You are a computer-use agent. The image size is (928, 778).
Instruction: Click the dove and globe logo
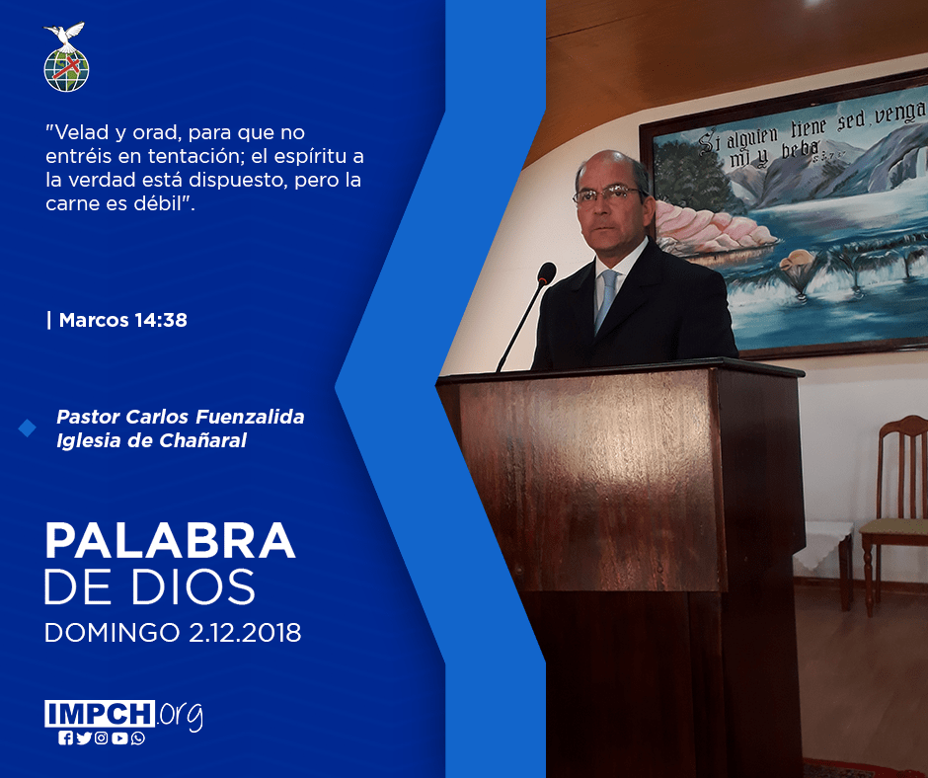pos(66,57)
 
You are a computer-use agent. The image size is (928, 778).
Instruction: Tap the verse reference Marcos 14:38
pos(123,320)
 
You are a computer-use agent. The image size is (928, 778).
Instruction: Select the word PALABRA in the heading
pos(170,540)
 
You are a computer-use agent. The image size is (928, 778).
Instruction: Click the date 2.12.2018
pos(245,632)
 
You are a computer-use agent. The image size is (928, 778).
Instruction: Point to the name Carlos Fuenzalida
pos(215,417)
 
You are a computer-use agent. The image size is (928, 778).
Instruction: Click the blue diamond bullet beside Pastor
pos(28,428)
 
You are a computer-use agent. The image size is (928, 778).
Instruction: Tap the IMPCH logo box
pos(100,714)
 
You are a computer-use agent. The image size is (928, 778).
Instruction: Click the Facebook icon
pos(66,739)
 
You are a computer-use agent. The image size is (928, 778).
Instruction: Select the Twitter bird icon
pos(84,739)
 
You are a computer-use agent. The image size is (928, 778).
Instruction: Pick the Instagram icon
pos(102,739)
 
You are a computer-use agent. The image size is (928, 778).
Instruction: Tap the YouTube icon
pos(119,739)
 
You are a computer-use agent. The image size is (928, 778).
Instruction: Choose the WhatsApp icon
pos(138,739)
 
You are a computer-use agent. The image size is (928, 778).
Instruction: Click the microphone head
pos(546,272)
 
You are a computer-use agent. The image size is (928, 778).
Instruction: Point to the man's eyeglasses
pos(608,194)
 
